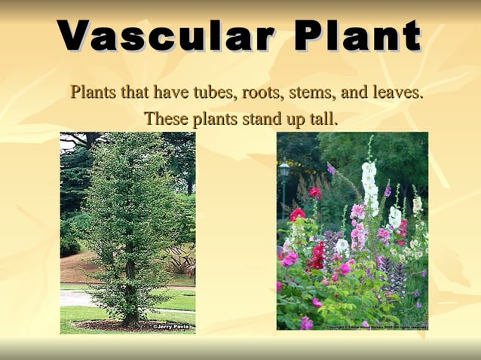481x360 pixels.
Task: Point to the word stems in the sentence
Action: [x=310, y=93]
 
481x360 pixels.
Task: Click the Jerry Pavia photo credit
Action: [x=173, y=328]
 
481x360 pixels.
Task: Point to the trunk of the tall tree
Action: [x=129, y=294]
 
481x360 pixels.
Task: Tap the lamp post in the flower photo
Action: [x=284, y=177]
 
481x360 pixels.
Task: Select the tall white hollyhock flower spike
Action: [x=369, y=185]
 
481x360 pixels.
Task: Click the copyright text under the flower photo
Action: [x=377, y=327]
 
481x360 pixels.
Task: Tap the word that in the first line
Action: [x=136, y=93]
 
